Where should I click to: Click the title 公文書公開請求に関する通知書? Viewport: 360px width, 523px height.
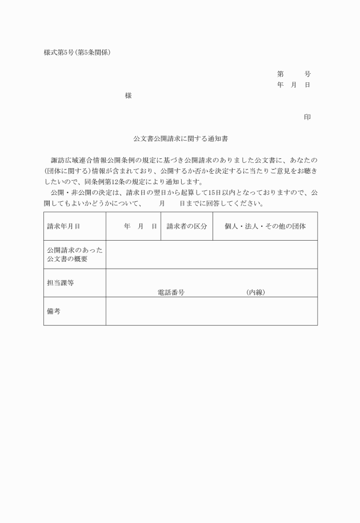[x=181, y=138]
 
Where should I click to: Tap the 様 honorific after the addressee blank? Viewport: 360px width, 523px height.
[x=128, y=96]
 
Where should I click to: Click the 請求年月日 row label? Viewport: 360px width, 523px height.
[x=63, y=226]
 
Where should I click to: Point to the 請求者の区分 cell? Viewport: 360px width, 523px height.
[x=186, y=226]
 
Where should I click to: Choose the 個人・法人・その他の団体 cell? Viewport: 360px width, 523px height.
[x=265, y=226]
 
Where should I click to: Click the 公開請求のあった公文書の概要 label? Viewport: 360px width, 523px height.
[x=75, y=255]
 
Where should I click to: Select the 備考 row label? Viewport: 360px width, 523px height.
[x=54, y=311]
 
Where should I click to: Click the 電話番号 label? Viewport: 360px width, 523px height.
[x=171, y=292]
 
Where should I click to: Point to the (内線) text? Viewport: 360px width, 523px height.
[x=255, y=292]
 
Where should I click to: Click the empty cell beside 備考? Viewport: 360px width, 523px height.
[x=211, y=311]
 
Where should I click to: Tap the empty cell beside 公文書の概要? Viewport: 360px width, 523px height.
[x=211, y=255]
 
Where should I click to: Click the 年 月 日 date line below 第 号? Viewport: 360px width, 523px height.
[x=294, y=85]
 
